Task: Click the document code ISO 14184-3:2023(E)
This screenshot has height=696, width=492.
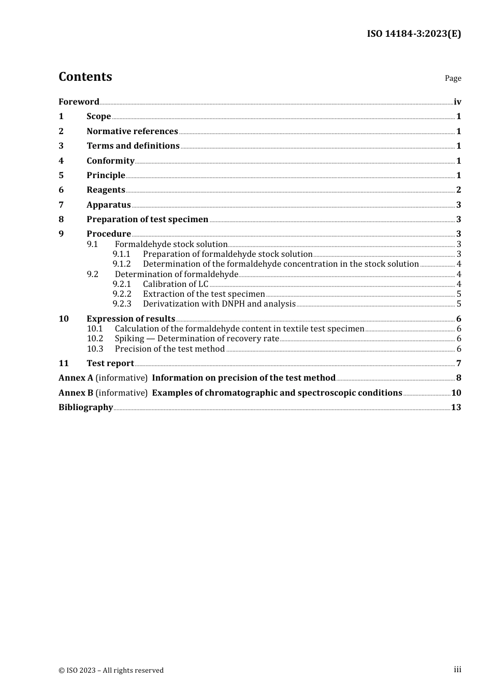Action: (x=414, y=34)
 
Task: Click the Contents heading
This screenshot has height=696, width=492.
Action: (x=85, y=77)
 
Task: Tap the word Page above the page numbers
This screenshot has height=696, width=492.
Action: (x=453, y=78)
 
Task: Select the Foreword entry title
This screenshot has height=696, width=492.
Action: (x=79, y=102)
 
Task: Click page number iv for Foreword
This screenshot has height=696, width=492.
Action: (x=457, y=102)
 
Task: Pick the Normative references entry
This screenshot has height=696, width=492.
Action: (x=132, y=132)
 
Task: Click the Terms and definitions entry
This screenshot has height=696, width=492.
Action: (x=133, y=146)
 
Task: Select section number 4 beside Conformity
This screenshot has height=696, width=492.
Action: (x=61, y=161)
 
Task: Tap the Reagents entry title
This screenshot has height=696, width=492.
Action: (x=106, y=190)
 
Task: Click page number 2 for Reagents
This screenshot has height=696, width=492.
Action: (x=458, y=190)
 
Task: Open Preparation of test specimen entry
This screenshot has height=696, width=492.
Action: (x=147, y=220)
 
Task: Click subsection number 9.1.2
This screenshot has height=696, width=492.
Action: (x=122, y=264)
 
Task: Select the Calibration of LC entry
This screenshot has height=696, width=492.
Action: (x=176, y=284)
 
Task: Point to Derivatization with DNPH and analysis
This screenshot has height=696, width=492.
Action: (x=219, y=304)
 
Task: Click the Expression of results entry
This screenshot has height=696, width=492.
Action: (x=131, y=319)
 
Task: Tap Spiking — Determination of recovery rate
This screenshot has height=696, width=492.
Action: (x=197, y=339)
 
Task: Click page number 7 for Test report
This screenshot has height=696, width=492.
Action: (x=458, y=364)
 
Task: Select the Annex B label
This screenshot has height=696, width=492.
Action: (x=76, y=393)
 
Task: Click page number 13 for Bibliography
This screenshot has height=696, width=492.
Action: (x=456, y=408)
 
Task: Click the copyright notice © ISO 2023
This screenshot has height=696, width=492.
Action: (x=111, y=670)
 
